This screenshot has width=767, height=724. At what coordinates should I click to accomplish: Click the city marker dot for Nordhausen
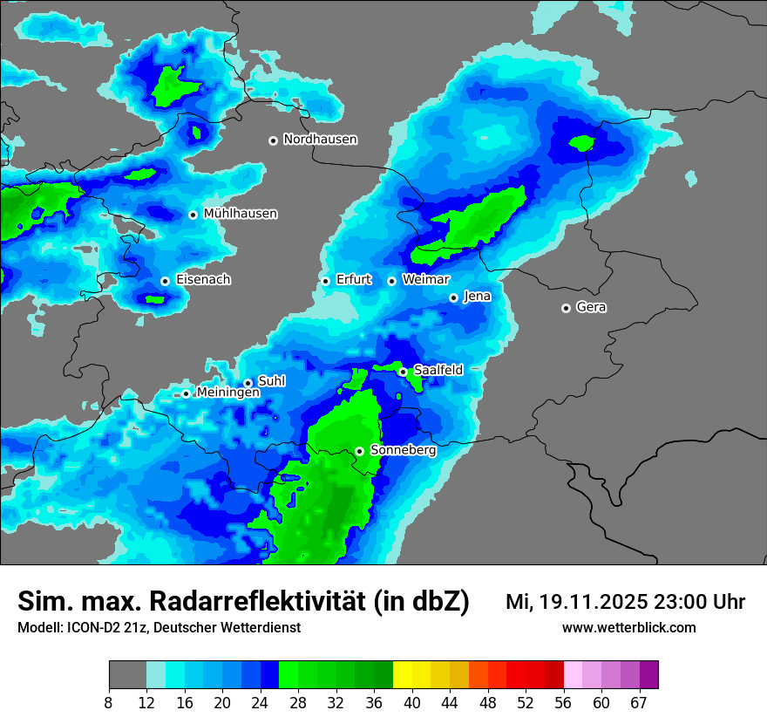273,140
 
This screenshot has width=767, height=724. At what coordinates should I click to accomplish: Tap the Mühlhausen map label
240,214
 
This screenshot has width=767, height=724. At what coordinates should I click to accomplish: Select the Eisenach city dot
165,281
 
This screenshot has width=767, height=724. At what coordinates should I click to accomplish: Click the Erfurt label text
353,280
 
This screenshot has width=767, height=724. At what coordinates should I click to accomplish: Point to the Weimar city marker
391,281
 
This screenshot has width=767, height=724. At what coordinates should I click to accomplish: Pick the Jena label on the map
477,297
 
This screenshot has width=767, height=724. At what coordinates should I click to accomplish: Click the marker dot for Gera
566,308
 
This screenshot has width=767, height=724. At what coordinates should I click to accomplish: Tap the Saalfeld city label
438,371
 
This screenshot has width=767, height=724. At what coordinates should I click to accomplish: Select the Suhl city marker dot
248,383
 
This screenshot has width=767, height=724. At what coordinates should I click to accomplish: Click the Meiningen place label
227,393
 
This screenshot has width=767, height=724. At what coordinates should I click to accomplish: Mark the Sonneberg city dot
359,451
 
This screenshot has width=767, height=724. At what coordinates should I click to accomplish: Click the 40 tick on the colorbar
412,702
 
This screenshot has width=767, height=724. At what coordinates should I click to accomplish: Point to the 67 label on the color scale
639,702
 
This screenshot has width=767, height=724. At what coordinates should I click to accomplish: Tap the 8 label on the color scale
109,702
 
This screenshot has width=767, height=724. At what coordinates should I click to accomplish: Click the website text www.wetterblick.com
628,627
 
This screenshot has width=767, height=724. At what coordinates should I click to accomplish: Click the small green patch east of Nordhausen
580,142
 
